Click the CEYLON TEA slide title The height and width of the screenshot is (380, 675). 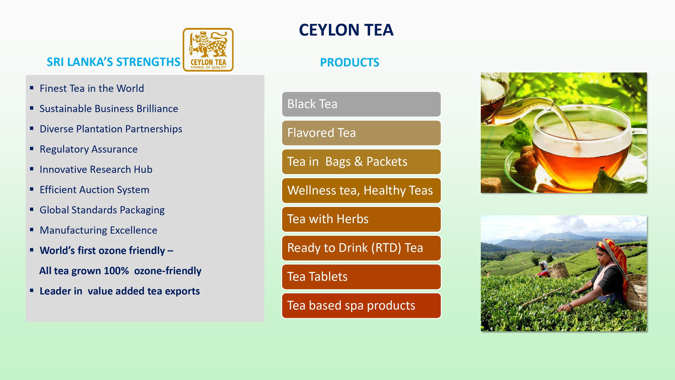coord(346,30)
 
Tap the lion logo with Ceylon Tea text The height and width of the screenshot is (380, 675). coord(208,50)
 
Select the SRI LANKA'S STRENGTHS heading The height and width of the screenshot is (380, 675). coord(113,62)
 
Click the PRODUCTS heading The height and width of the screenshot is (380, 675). coord(350,62)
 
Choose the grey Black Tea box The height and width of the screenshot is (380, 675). coord(361,104)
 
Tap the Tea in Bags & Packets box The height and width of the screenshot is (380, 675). coord(361,162)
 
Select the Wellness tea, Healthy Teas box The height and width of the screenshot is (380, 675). coord(361,190)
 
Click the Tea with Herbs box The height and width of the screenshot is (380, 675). coord(361,219)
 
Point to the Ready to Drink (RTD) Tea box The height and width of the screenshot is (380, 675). coord(361,248)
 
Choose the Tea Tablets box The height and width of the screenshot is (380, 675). coord(361,277)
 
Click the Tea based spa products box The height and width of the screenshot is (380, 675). coord(361,305)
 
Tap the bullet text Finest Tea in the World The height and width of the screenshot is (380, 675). coord(92,88)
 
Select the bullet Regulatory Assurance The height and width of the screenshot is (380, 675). coord(89,149)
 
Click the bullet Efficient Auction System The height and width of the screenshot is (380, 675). coord(94,190)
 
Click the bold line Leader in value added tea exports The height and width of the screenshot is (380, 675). coord(119,291)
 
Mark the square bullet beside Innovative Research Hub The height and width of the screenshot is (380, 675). coord(32,169)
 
